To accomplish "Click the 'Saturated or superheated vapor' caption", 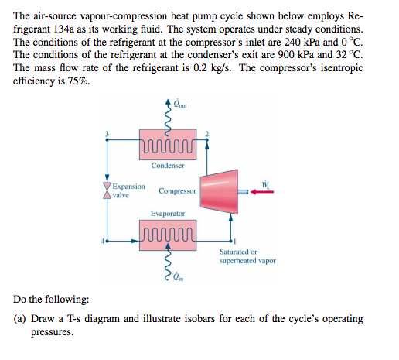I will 247,256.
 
